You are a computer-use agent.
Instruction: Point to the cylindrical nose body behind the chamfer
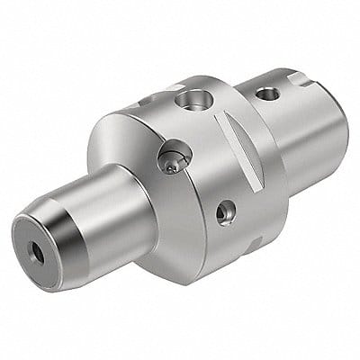[108, 211]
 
